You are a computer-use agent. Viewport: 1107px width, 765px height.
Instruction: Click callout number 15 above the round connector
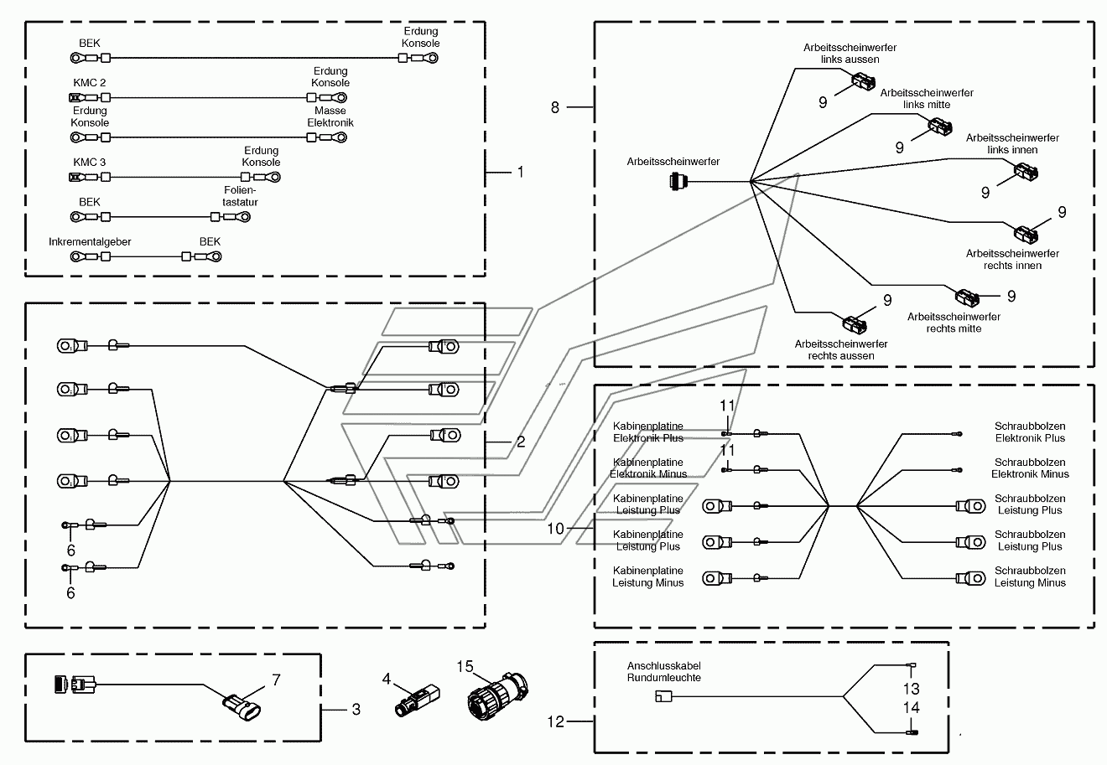tap(465, 666)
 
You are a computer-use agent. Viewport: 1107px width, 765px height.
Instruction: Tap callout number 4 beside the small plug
tap(387, 679)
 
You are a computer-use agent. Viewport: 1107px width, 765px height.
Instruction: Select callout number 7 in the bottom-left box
tap(276, 680)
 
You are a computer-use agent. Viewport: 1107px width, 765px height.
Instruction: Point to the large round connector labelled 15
tap(497, 695)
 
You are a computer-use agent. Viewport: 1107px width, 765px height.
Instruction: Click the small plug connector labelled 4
tap(417, 700)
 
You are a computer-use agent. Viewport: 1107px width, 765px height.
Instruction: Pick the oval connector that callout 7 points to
tap(242, 707)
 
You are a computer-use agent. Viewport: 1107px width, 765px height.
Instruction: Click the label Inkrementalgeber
tap(90, 241)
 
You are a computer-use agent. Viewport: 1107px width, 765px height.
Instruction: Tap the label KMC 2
tap(90, 82)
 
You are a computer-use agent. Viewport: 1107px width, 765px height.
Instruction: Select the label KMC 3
tap(90, 162)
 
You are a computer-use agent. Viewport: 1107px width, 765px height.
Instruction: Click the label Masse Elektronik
tap(330, 116)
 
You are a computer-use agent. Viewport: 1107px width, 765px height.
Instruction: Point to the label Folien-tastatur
tap(240, 196)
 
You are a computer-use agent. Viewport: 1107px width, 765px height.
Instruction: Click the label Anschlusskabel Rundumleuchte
tap(663, 672)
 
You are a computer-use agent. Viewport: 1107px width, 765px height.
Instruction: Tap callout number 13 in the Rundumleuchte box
tap(912, 689)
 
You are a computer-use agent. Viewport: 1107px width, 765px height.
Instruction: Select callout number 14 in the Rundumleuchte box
tap(912, 708)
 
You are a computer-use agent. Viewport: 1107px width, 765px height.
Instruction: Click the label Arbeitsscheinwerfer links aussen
tap(850, 54)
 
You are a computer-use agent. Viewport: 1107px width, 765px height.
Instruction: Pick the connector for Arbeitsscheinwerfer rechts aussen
tap(855, 325)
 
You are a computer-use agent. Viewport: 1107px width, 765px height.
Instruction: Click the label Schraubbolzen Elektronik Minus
tap(1030, 468)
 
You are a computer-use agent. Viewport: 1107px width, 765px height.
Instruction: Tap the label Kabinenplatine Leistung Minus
tap(648, 576)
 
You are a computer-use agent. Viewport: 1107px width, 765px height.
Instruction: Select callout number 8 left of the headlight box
tap(555, 107)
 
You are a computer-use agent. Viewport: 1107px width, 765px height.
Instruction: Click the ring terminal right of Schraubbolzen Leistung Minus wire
tap(970, 578)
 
